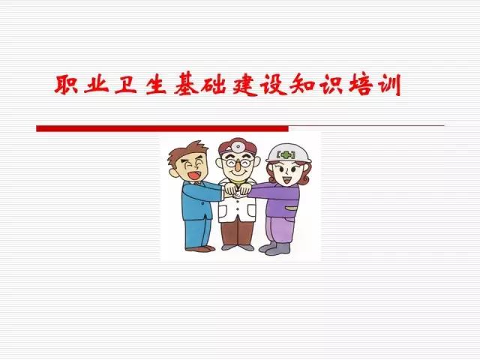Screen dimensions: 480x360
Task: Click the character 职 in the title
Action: pyautogui.click(x=65, y=84)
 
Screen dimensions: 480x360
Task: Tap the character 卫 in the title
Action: pyautogui.click(x=125, y=85)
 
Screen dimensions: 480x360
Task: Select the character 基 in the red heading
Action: pyautogui.click(x=184, y=85)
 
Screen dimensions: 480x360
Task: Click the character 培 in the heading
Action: pyautogui.click(x=361, y=85)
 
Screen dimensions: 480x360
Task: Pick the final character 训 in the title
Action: pyautogui.click(x=388, y=85)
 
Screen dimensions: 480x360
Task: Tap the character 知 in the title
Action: pyautogui.click(x=302, y=85)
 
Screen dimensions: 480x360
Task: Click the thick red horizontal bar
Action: pyautogui.click(x=162, y=128)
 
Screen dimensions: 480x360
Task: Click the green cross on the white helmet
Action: pyautogui.click(x=285, y=155)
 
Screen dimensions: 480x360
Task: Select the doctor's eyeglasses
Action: pyautogui.click(x=238, y=163)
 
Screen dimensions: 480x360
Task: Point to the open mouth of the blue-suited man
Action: pyautogui.click(x=194, y=175)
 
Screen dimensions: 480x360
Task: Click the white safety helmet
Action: pyautogui.click(x=288, y=153)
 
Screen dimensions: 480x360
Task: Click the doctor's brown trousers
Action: pyautogui.click(x=237, y=232)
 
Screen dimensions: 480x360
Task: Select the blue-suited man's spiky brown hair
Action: pyautogui.click(x=184, y=153)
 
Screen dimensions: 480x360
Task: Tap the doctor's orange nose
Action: pyautogui.click(x=238, y=168)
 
